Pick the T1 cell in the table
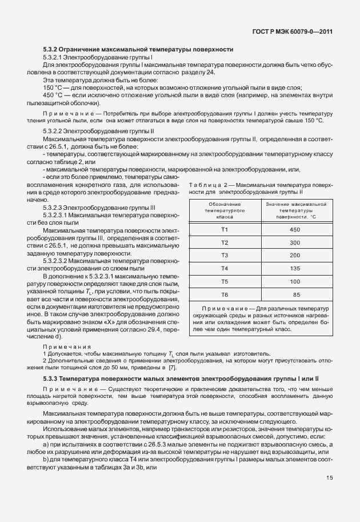(x=225, y=229)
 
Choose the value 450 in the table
(x=295, y=229)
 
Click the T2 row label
(x=225, y=242)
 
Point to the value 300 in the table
(x=295, y=242)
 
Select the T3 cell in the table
(x=225, y=255)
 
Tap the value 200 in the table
(x=295, y=255)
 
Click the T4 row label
(x=225, y=268)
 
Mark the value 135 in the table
(x=295, y=268)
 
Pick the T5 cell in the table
(x=225, y=281)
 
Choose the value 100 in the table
(x=295, y=281)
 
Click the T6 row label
(x=225, y=294)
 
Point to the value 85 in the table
(x=296, y=294)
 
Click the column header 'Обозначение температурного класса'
(x=225, y=210)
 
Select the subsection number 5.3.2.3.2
(x=59, y=261)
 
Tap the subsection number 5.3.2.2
(x=55, y=131)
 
